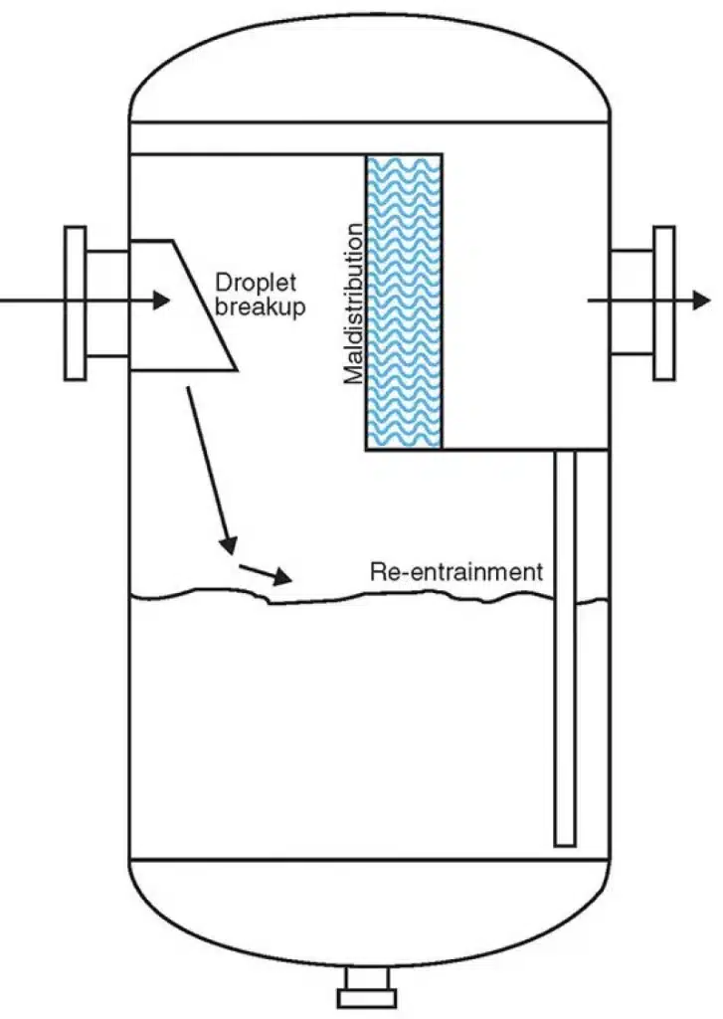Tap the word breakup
258,307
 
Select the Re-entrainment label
455,572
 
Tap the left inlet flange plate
75,303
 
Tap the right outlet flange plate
663,303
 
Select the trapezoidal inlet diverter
179,305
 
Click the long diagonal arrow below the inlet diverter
208,468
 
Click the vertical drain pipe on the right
565,647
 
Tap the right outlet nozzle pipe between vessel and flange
630,303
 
